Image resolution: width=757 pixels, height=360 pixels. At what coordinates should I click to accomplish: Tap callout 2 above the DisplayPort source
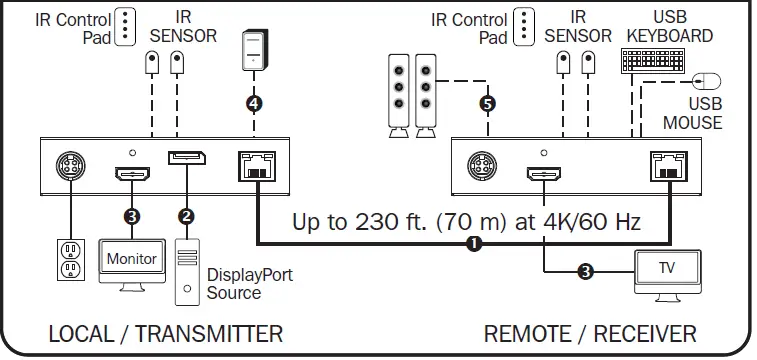pyautogui.click(x=184, y=215)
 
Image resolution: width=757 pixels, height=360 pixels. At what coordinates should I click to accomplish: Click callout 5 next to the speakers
pyautogui.click(x=487, y=102)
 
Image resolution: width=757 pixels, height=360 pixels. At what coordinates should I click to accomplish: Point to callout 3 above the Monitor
pyautogui.click(x=131, y=215)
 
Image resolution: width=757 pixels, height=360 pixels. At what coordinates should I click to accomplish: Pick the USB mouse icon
pyautogui.click(x=709, y=80)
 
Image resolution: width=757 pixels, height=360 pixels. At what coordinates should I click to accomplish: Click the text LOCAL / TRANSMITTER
pyautogui.click(x=166, y=333)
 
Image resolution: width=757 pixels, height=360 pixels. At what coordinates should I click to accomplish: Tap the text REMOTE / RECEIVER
pyautogui.click(x=590, y=333)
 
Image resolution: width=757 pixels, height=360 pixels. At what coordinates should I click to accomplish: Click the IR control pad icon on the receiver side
pyautogui.click(x=526, y=26)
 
